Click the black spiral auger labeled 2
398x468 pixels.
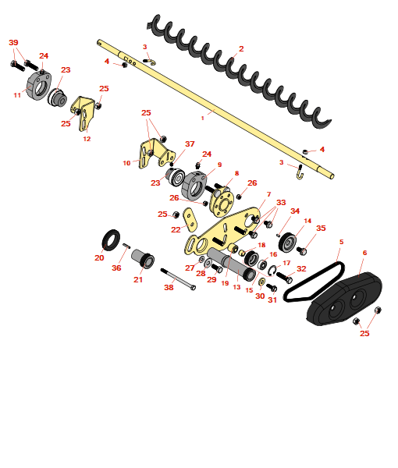coord(239,72)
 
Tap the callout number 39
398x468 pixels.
coord(13,43)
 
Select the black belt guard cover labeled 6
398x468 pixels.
coord(345,299)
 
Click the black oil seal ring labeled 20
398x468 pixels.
coord(111,240)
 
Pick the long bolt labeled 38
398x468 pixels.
coord(178,279)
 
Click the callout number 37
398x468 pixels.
coord(190,144)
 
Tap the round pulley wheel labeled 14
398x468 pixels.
coord(287,242)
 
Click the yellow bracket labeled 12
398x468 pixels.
coord(83,113)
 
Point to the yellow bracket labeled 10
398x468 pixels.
coord(155,154)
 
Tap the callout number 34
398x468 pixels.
coord(295,211)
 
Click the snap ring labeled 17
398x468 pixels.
coord(272,271)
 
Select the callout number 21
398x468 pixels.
coord(138,280)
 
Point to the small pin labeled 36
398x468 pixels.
coord(126,246)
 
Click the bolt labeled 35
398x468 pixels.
coord(301,250)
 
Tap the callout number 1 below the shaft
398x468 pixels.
coord(203,119)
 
